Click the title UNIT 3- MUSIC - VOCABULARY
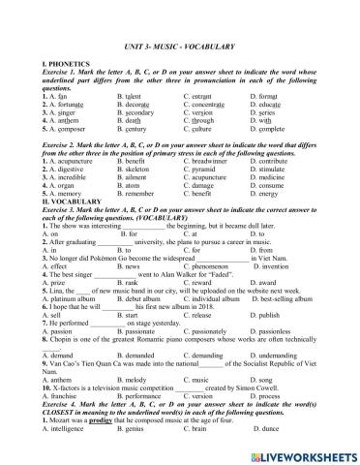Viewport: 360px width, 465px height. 179,36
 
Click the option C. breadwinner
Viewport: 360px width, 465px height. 208,169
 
